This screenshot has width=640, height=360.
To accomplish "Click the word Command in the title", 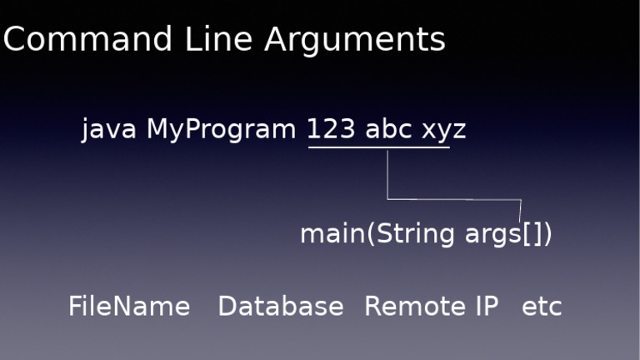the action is (87, 39).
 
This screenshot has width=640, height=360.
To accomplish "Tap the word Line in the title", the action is (219, 39).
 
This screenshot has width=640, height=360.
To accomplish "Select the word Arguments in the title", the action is (355, 41).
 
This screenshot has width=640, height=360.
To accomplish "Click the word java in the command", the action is (108, 130).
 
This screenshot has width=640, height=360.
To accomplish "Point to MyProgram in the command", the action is (221, 130).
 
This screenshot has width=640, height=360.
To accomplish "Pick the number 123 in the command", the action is (331, 129).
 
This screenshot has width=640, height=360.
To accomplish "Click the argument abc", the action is (388, 128).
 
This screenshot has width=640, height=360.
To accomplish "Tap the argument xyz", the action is (444, 132).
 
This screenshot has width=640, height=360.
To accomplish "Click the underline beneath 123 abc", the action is (379, 147).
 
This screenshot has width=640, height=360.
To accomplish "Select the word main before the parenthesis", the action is (332, 234).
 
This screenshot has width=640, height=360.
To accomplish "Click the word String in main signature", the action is (415, 234).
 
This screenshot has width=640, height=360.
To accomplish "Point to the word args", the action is (493, 236).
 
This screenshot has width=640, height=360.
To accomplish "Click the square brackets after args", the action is (532, 234).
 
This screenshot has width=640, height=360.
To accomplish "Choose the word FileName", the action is (129, 306).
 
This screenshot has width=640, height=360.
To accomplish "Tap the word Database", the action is (281, 306).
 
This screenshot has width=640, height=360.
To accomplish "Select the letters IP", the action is (487, 306).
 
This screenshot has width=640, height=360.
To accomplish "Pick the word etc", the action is (542, 307).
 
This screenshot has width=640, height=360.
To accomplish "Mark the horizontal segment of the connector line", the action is (454, 200).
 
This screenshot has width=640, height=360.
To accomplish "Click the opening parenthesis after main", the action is (371, 234).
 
